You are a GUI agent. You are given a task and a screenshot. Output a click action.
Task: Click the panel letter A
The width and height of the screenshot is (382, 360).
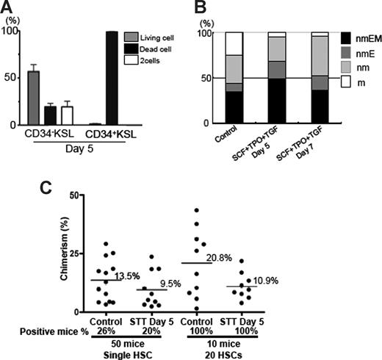click(x=10, y=10)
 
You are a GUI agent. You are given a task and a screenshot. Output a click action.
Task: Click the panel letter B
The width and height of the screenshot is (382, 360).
click(x=199, y=10)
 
